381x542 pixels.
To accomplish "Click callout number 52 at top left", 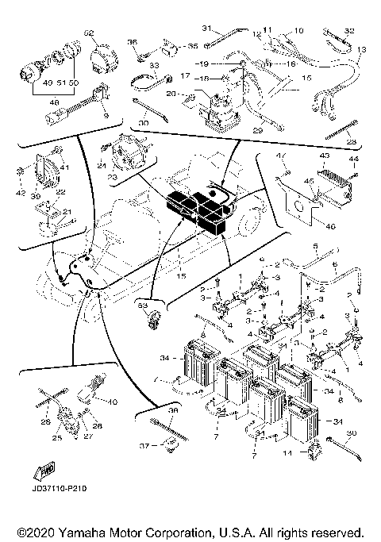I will pyautogui.click(x=89, y=33).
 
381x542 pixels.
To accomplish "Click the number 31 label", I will pyautogui.click(x=206, y=28).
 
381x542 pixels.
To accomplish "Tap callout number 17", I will pyautogui.click(x=185, y=76).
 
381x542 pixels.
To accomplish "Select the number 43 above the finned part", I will pyautogui.click(x=323, y=156).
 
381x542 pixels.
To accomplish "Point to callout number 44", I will pyautogui.click(x=355, y=160).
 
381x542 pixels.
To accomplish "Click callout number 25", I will pyautogui.click(x=56, y=437).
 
